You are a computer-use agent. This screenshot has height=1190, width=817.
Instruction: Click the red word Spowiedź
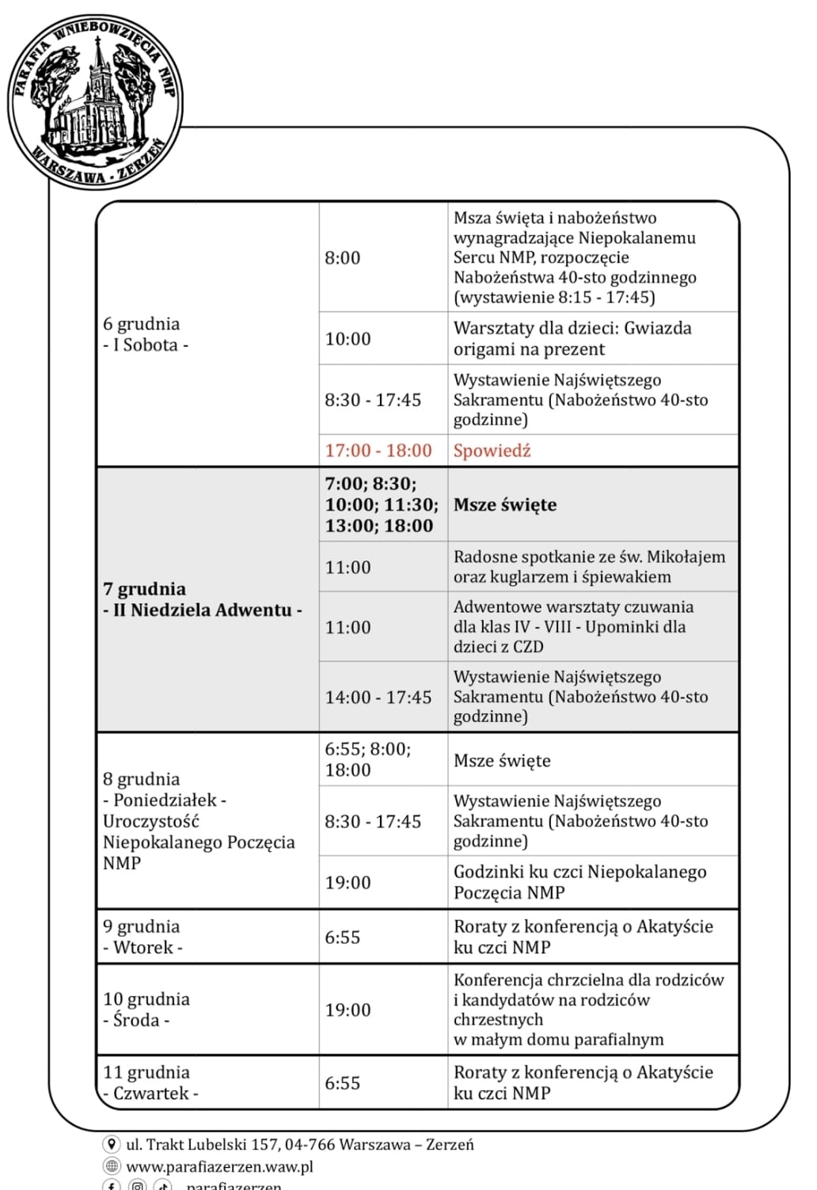coord(492,451)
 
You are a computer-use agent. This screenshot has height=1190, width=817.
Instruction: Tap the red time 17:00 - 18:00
coord(378,451)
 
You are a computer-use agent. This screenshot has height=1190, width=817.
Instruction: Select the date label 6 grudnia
coord(142,324)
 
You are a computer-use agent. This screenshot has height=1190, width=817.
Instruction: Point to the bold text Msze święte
coord(505,505)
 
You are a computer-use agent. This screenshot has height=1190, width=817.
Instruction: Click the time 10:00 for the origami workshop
coord(348,339)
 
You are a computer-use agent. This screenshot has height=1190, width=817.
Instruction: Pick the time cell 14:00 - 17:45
coord(378,698)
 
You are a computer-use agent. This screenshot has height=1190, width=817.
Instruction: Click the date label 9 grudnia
coord(142,926)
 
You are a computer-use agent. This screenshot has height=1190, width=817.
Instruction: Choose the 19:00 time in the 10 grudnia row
coord(348,1010)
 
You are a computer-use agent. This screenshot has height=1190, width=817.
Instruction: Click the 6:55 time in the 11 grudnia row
coord(342,1083)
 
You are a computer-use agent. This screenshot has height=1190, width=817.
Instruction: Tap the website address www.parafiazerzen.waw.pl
coord(220,1166)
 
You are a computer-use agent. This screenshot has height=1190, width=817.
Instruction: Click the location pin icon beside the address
coord(112,1145)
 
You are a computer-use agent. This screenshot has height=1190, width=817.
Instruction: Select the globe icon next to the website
coord(112,1166)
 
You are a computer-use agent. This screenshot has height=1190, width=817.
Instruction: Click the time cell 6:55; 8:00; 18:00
coord(367,759)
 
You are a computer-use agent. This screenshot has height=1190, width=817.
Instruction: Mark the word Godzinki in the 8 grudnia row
coord(488,872)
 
